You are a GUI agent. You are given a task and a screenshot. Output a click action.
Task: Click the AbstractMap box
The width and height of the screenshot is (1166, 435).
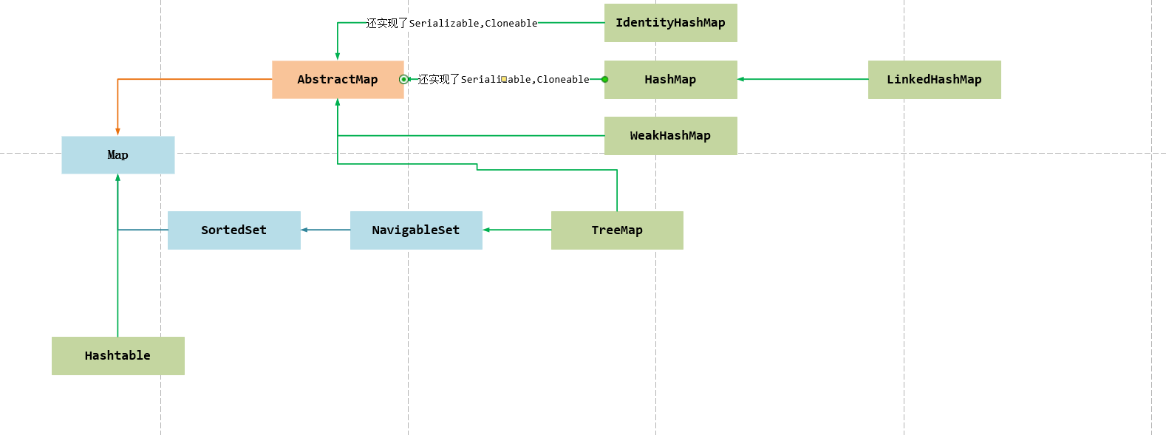[x=338, y=80]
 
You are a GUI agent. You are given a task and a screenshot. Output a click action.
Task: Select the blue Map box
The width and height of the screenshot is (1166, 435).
[x=118, y=155]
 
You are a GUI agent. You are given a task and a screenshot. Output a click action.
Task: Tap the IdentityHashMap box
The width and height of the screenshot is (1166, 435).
[x=670, y=23]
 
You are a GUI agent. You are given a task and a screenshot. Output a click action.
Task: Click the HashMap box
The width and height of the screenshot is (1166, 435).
[x=670, y=80]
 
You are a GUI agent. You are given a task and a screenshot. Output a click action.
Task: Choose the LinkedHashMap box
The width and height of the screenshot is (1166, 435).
[x=934, y=80]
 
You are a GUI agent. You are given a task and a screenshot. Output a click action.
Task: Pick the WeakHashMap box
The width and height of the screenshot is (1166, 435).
[x=670, y=136]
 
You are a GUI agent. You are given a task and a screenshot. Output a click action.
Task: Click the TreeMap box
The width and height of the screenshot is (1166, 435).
[x=617, y=230]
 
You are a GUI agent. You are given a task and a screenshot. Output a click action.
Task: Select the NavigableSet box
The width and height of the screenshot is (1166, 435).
[x=416, y=230]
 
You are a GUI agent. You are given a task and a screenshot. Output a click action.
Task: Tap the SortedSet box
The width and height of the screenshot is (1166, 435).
[x=233, y=230]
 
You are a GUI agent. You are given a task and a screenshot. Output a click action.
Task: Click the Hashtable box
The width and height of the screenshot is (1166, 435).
[x=118, y=356]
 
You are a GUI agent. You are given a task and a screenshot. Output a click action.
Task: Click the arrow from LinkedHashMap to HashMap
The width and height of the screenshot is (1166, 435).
[x=802, y=79]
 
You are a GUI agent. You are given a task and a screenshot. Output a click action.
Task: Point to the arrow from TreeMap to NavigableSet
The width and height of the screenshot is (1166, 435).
[x=517, y=230]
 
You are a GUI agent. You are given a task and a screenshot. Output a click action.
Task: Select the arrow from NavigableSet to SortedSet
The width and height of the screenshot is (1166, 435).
[x=325, y=230]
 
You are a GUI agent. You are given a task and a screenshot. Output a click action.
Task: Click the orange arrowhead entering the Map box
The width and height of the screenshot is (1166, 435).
[x=117, y=131]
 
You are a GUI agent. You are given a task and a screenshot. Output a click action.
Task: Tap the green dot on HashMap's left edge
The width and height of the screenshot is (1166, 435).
[x=605, y=79]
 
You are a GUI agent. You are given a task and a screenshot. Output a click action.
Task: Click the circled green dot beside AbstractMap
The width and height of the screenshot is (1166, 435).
[x=403, y=79]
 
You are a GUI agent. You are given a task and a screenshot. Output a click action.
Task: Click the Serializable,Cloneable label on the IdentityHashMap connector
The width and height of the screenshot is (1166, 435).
[x=452, y=24]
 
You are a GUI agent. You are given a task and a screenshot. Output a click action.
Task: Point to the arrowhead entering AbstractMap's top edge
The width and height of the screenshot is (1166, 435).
[x=338, y=56]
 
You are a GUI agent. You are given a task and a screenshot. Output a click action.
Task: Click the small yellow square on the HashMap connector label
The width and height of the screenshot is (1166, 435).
[x=504, y=78]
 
